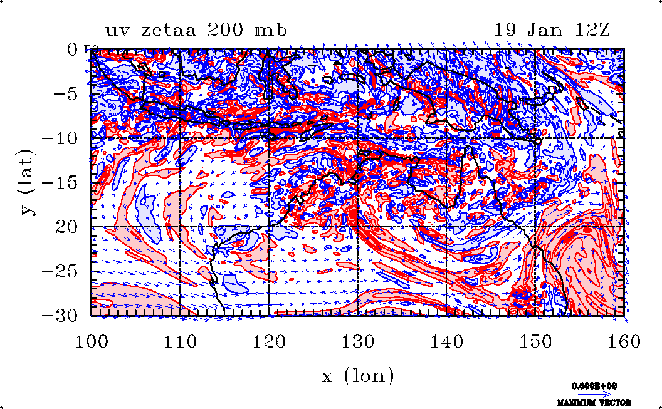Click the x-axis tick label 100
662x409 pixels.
[92, 341]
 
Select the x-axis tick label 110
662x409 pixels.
[180, 341]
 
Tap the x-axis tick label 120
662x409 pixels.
[269, 341]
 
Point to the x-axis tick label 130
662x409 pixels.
[357, 341]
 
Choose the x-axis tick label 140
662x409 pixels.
[446, 341]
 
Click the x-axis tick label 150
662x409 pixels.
[535, 341]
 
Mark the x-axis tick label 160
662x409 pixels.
[623, 341]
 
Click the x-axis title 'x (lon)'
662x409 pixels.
[357, 376]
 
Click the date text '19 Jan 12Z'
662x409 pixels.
[552, 29]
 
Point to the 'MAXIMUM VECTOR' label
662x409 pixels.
[594, 402]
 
